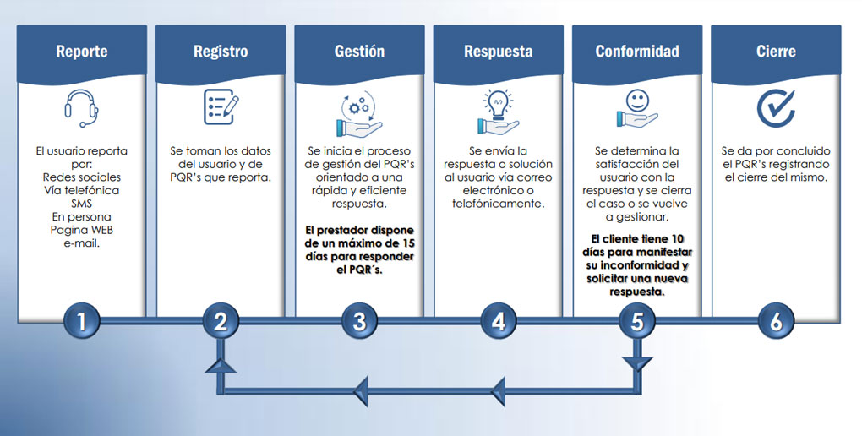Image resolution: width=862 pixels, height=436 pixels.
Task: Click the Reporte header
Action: tap(82, 52)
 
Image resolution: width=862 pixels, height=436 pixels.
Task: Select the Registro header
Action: tap(221, 52)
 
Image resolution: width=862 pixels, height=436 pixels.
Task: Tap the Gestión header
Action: tap(359, 52)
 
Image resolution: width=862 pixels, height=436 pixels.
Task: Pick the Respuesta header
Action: tap(498, 52)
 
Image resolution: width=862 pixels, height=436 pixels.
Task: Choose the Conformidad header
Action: tap(636, 52)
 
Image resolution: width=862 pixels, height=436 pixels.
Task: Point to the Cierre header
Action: tap(776, 52)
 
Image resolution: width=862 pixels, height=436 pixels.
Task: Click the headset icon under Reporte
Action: tap(82, 107)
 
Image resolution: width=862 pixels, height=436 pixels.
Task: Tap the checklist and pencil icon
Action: tap(221, 107)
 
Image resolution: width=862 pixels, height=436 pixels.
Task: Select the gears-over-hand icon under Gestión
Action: tap(360, 113)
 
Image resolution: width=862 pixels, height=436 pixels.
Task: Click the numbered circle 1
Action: tap(82, 321)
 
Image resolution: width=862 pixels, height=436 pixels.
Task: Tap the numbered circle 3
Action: tap(359, 321)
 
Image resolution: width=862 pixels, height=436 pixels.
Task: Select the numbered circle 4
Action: tap(498, 321)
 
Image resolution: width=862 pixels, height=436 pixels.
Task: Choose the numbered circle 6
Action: tap(775, 321)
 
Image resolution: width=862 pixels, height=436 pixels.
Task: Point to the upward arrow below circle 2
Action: tap(221, 364)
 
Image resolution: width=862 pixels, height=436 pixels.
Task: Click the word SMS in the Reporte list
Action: tap(82, 203)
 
